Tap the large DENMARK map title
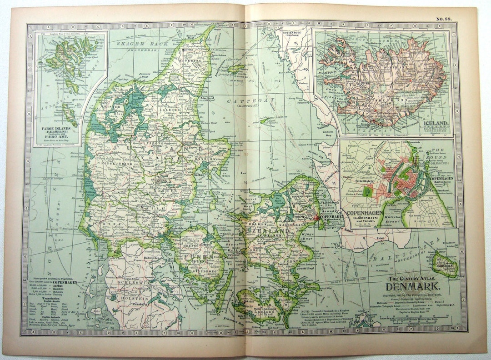413,287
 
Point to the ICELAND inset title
437,123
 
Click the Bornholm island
443,264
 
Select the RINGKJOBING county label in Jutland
107,164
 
